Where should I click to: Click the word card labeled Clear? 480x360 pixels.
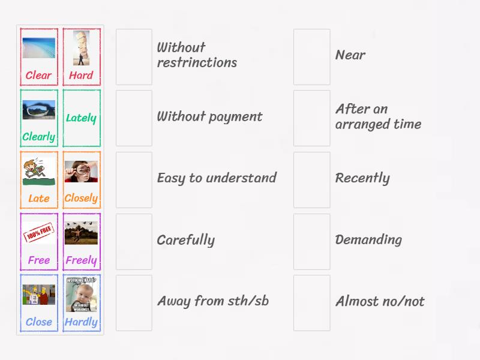tap(39, 57)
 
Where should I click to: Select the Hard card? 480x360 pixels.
tap(81, 57)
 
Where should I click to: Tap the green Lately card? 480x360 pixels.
tap(81, 118)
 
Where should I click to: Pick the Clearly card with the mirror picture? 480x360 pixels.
tap(39, 118)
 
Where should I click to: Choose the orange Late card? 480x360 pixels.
tap(39, 179)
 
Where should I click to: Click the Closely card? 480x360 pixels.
tap(81, 179)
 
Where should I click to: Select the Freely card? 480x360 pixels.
tap(81, 241)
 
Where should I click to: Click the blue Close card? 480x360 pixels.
tap(39, 303)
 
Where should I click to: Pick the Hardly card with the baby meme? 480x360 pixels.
tap(81, 303)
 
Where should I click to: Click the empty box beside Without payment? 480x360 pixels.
tap(134, 118)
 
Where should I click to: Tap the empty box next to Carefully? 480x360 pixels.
tap(134, 241)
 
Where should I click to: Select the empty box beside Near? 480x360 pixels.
tap(311, 56)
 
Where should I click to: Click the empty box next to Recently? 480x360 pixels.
tap(311, 179)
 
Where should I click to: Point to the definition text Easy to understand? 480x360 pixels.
tap(216, 178)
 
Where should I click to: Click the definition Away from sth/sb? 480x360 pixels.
tap(212, 301)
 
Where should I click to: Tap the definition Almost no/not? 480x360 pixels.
tap(379, 301)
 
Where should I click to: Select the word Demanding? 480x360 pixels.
tap(368, 240)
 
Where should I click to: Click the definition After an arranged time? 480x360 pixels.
tap(378, 117)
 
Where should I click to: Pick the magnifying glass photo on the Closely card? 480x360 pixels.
tap(81, 172)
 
